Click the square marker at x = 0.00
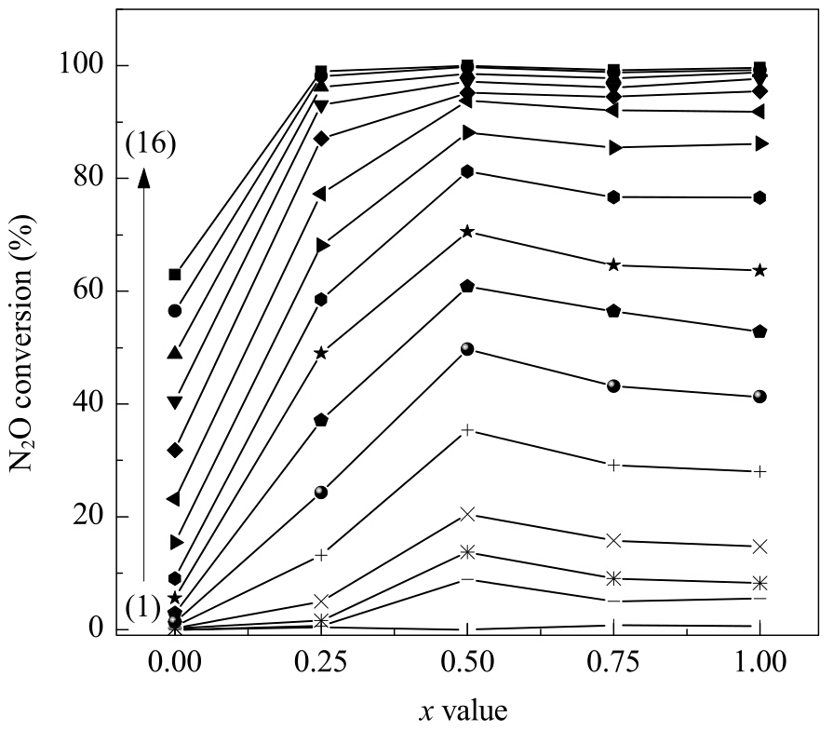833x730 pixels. (175, 275)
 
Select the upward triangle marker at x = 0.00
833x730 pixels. (175, 352)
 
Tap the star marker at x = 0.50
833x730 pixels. (467, 232)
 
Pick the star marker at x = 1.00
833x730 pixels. (759, 270)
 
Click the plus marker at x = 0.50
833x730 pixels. (467, 430)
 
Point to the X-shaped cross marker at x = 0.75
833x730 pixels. (613, 541)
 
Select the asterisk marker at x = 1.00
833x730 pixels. (759, 583)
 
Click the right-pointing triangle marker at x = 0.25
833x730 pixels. (322, 246)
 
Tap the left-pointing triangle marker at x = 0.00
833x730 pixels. (174, 499)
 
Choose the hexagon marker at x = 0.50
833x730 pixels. (467, 171)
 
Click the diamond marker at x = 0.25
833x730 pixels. (321, 139)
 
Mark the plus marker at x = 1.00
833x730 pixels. (759, 472)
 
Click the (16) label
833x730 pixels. (151, 144)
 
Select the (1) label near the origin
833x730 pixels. (143, 608)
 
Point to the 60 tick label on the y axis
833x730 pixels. (89, 291)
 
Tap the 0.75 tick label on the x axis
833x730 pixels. (613, 663)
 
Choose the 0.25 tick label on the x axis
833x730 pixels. (321, 663)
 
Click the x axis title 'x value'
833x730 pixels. (464, 710)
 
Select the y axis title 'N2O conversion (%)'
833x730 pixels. (21, 342)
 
